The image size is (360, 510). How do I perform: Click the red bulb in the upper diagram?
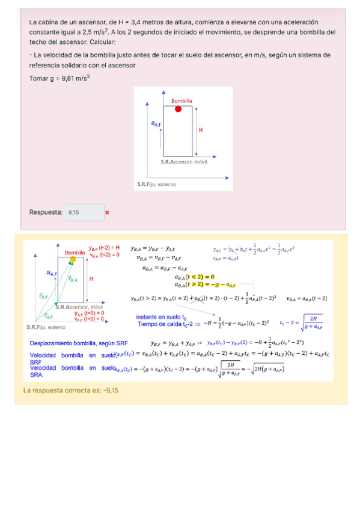coord(178,109)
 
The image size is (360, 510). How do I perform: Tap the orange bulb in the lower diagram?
coord(73,259)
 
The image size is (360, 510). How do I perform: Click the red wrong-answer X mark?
coord(107,212)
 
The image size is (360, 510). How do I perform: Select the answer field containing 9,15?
coord(80,212)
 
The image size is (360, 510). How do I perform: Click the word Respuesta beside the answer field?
coord(46,212)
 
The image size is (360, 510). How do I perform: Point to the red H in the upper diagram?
coord(201,130)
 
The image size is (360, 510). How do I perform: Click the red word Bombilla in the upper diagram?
coord(182,100)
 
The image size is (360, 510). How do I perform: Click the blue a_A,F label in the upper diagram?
coord(156,123)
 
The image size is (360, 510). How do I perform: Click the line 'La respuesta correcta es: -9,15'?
coord(70,390)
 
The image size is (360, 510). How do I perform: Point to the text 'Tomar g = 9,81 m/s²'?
coord(59,78)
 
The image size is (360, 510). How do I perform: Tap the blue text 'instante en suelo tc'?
coord(161,317)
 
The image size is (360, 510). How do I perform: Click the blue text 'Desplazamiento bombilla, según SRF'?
coord(79,343)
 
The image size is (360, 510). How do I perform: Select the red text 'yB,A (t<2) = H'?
coord(104,248)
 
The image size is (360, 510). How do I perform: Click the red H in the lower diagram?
coord(91,279)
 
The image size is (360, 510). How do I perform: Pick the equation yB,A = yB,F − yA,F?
coord(153,248)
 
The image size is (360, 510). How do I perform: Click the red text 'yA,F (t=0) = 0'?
coord(90,313)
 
